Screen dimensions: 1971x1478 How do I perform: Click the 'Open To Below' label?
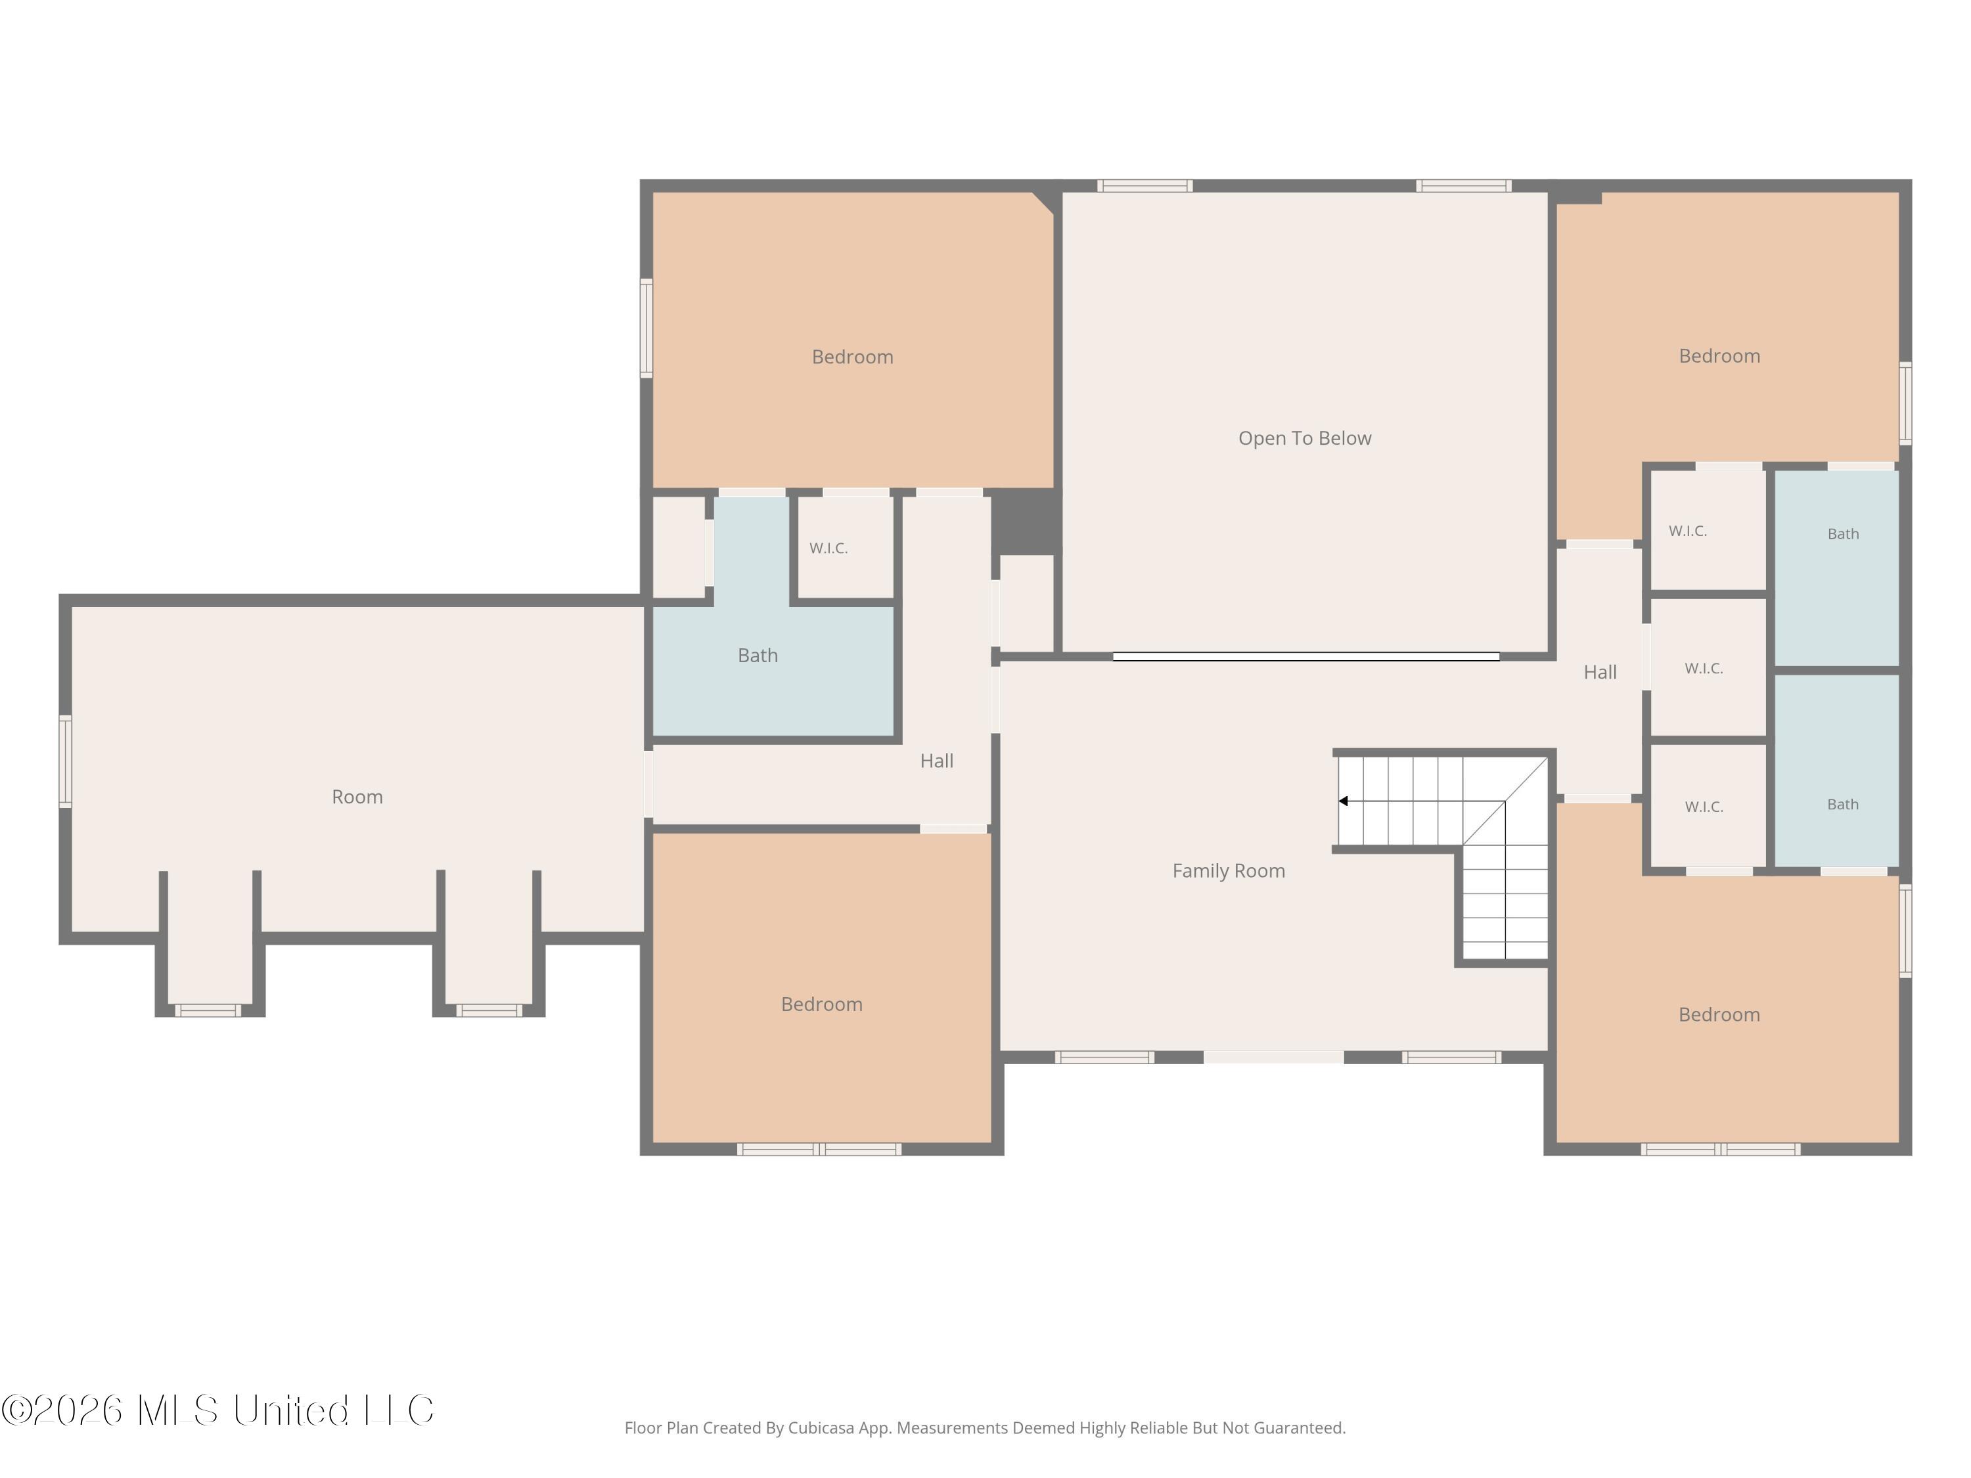1305,438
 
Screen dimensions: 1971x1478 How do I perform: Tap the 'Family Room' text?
1229,871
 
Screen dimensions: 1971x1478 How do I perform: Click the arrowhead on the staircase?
1343,801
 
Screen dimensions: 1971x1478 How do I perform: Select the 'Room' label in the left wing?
357,796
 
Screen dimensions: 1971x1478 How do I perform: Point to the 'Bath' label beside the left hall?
758,656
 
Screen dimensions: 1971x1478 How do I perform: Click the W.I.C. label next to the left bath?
828,548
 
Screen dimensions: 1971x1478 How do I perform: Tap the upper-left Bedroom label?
853,357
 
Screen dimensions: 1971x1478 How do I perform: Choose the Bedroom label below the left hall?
821,1004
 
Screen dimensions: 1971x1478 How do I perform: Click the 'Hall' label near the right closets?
1600,673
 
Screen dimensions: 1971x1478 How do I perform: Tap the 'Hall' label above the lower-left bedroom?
936,761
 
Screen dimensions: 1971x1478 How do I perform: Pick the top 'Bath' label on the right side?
1843,533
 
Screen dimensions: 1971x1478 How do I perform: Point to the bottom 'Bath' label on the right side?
1843,805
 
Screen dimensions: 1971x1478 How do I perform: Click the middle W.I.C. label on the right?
1704,668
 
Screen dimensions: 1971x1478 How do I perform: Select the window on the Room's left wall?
65,762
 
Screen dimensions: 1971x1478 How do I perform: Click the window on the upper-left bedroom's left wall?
646,328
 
